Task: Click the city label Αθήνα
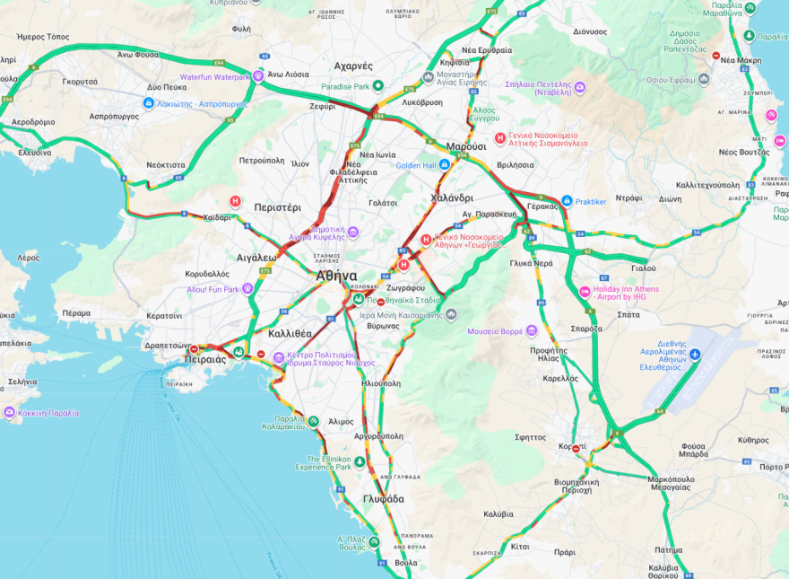pos(336,276)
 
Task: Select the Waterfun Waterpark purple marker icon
pos(258,76)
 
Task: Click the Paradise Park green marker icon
pos(378,86)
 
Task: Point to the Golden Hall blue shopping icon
pos(445,165)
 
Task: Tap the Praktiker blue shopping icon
pos(567,201)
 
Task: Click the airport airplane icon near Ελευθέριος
pos(695,353)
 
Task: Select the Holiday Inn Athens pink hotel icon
pos(585,291)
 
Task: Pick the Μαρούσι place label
pos(466,145)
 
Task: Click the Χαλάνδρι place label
pos(451,197)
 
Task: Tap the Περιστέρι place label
pos(278,206)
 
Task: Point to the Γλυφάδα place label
pos(384,498)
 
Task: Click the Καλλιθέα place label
pos(290,333)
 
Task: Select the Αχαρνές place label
pos(352,66)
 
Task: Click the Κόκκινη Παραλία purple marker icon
pos(10,413)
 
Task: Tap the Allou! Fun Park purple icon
pos(247,289)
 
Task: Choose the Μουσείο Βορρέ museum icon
pos(531,331)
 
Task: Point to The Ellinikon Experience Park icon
pos(359,461)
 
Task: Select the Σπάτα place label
pos(629,314)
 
